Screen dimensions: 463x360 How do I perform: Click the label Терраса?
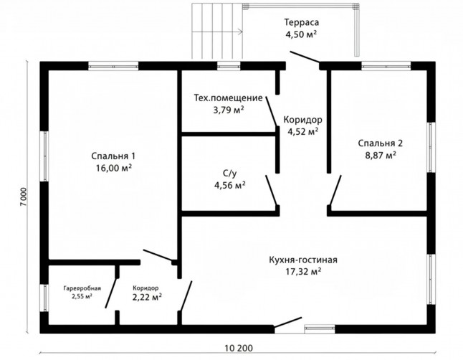tap(302, 22)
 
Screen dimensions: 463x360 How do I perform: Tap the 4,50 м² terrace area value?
tap(301, 34)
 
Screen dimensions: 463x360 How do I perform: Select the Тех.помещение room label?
tap(228, 98)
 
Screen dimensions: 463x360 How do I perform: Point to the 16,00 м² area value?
tap(114, 168)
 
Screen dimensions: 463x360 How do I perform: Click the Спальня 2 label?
tap(381, 143)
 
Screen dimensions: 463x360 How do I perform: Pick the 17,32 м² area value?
tap(303, 271)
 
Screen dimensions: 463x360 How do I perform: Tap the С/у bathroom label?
tap(229, 174)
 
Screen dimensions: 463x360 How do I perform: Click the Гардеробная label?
tap(82, 288)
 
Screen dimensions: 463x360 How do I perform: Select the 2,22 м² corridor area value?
tap(147, 296)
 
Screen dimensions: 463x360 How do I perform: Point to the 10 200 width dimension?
tap(239, 349)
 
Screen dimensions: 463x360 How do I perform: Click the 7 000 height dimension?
tap(24, 196)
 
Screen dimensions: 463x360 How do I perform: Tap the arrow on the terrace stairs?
tap(217, 32)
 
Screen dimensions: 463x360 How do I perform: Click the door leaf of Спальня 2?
tap(335, 190)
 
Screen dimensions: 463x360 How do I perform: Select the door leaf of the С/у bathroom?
tap(271, 190)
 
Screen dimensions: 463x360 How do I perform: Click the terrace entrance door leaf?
tap(305, 57)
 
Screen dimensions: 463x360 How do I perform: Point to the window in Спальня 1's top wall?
tap(113, 66)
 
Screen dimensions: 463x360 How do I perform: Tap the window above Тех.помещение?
tap(229, 66)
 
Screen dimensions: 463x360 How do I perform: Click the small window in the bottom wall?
tap(320, 328)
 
